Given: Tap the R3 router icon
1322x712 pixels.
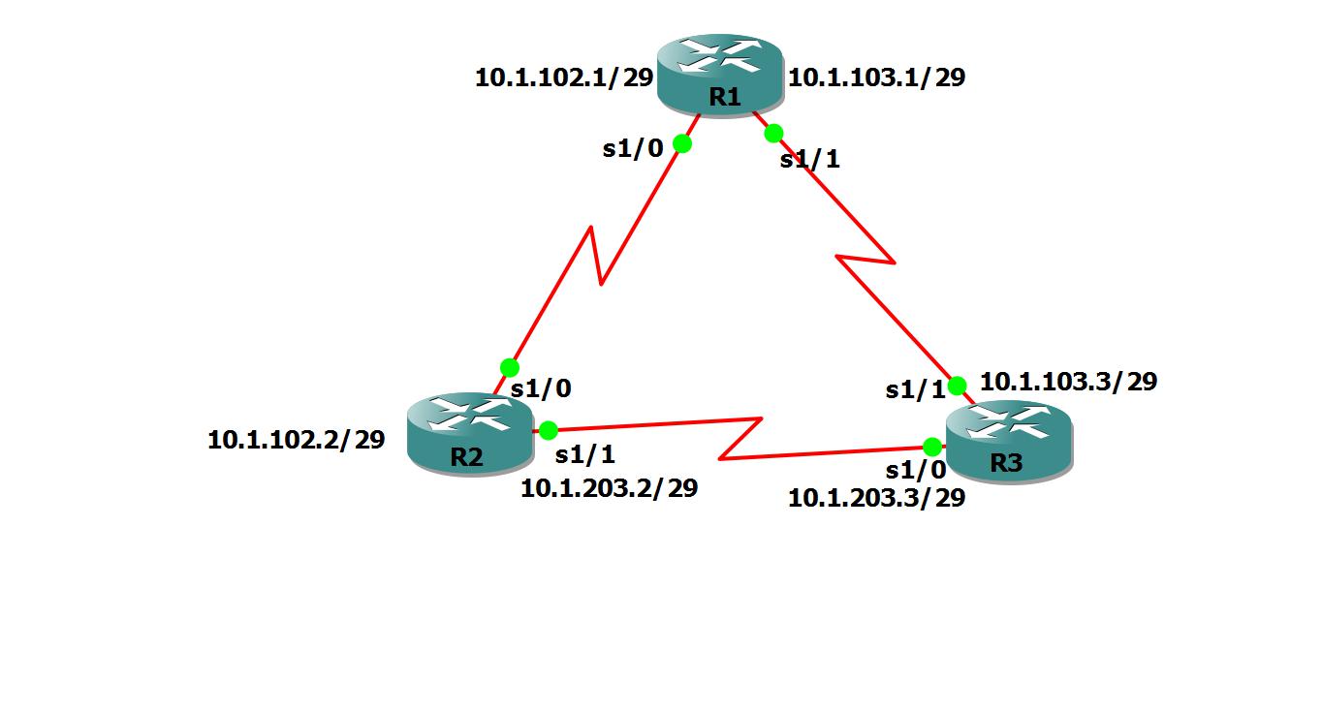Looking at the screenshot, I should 1009,441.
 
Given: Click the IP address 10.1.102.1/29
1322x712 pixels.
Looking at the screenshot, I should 563,78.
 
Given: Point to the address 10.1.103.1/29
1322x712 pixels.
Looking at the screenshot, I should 876,77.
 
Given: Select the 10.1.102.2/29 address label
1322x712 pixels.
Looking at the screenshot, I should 296,440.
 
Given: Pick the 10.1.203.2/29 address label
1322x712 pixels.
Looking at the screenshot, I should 609,488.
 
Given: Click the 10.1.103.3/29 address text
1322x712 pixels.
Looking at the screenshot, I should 1068,382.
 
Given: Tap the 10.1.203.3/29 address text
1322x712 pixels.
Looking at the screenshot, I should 876,499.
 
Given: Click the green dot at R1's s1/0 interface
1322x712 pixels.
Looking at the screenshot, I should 681,143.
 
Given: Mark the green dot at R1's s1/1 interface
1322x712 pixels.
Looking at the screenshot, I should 773,134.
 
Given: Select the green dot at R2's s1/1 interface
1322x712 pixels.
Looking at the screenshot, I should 548,430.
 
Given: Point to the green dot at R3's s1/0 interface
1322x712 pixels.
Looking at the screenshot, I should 931,447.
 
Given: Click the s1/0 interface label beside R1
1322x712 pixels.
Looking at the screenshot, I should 633,148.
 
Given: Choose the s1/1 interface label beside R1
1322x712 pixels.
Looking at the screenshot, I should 809,160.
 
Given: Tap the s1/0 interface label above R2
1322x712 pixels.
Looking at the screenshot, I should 541,389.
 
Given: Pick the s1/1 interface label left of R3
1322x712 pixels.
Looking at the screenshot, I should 915,390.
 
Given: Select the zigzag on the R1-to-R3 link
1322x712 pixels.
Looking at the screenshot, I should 866,259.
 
